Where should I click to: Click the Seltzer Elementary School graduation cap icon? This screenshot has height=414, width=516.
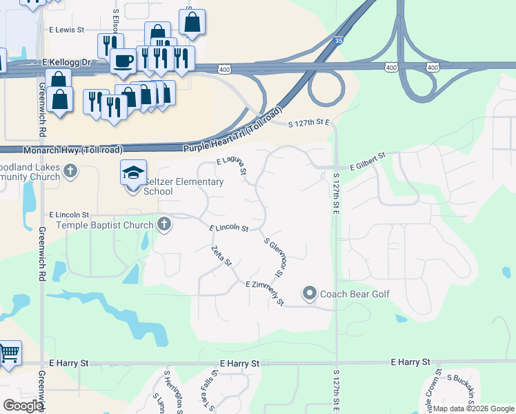[134, 172]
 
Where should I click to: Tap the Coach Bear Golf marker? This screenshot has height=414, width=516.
[309, 294]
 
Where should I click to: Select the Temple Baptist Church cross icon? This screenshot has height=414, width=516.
[163, 224]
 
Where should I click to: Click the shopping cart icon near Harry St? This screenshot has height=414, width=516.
[9, 353]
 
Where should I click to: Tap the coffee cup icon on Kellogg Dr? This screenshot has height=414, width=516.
[124, 61]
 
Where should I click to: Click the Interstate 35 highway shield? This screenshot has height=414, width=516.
[337, 41]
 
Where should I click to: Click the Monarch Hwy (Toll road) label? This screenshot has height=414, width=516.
[73, 150]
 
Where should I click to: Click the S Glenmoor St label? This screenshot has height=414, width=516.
[275, 257]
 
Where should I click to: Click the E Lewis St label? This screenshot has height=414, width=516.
[66, 30]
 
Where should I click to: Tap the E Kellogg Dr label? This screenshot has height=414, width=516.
[66, 62]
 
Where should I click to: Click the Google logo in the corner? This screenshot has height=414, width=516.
[22, 406]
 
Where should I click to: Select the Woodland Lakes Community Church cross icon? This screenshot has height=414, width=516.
[70, 170]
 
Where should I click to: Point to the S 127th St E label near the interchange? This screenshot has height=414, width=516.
[310, 123]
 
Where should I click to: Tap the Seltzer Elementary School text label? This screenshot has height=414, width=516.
[183, 186]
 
